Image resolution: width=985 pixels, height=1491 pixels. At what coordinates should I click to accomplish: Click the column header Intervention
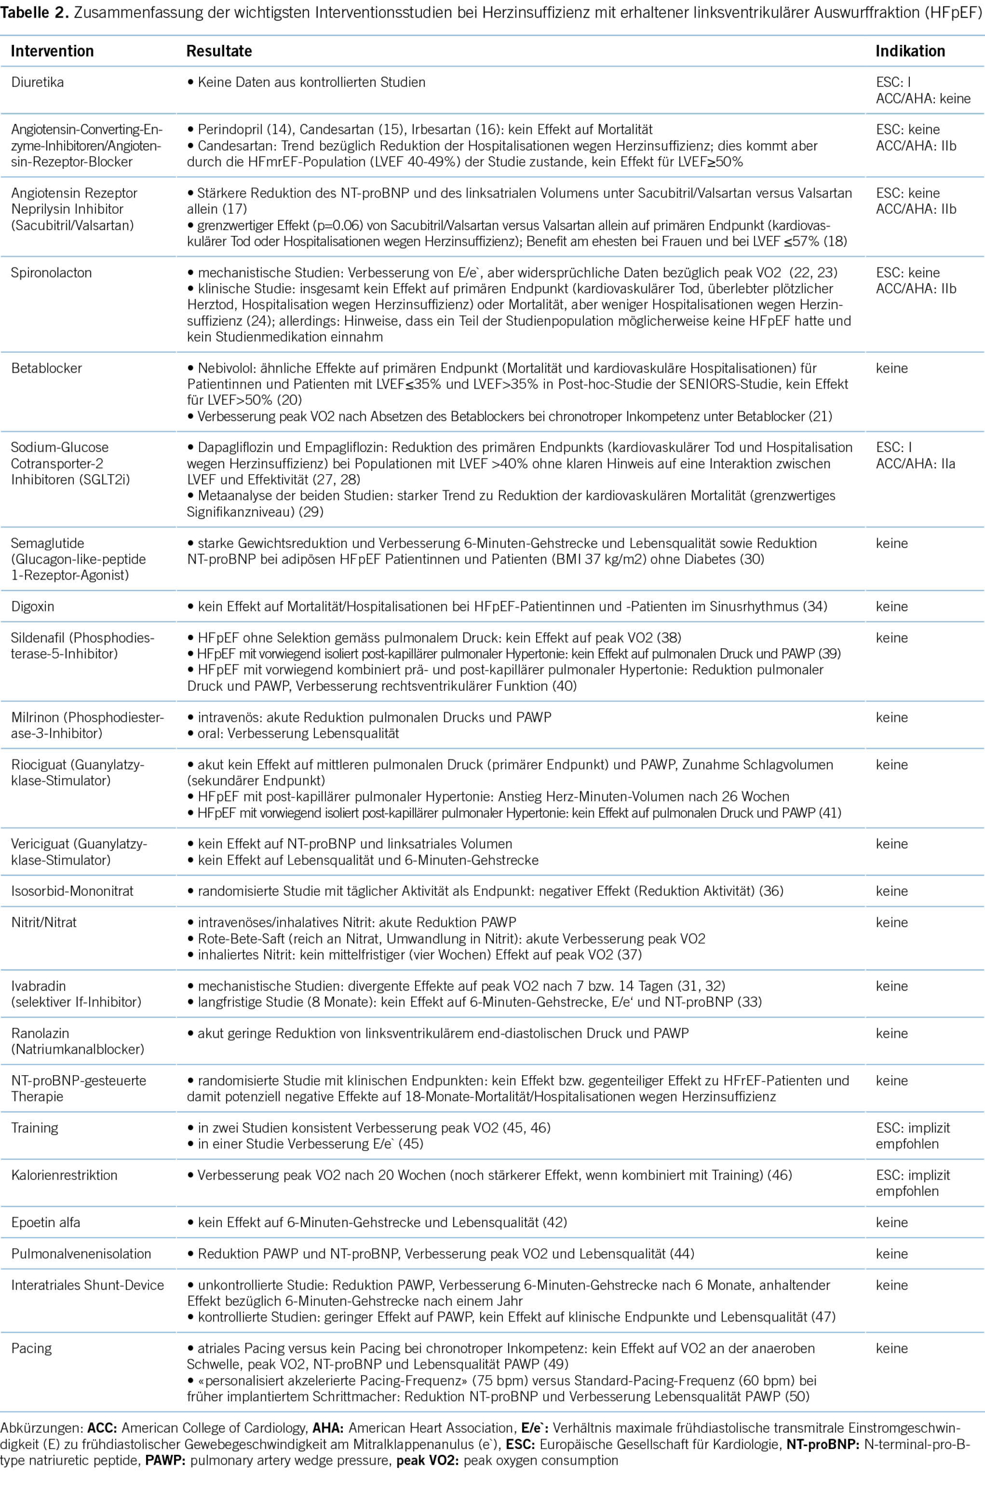click(52, 51)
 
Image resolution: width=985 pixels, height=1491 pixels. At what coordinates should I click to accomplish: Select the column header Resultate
click(219, 51)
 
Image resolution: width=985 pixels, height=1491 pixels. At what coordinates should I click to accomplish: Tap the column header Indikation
click(910, 51)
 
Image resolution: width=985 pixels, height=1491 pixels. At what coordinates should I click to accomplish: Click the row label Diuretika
click(38, 82)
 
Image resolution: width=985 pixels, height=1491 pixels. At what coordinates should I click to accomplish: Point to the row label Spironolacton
click(51, 273)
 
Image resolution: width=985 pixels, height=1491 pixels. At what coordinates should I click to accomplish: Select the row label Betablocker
click(47, 368)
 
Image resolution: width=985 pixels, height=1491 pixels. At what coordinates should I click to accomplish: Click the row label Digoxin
click(33, 606)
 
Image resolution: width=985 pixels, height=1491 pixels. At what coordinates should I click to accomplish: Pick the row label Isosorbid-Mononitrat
click(72, 891)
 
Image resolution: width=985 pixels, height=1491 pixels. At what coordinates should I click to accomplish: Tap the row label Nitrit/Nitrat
click(44, 923)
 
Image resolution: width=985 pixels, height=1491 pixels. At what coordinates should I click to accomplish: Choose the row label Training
click(34, 1128)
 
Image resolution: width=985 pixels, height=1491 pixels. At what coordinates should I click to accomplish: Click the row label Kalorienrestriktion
click(64, 1175)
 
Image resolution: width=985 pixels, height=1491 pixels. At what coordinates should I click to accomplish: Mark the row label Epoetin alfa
click(46, 1222)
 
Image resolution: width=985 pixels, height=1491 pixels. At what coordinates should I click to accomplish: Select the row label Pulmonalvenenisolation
click(81, 1253)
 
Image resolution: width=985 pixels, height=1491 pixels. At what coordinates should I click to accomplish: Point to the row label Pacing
click(31, 1348)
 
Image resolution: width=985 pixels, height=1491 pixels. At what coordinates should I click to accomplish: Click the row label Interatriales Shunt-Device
click(87, 1285)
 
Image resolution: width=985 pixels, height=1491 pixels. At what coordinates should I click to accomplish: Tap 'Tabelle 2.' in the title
click(34, 13)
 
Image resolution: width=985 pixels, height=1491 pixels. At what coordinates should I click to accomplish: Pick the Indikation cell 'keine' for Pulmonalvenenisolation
click(891, 1253)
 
